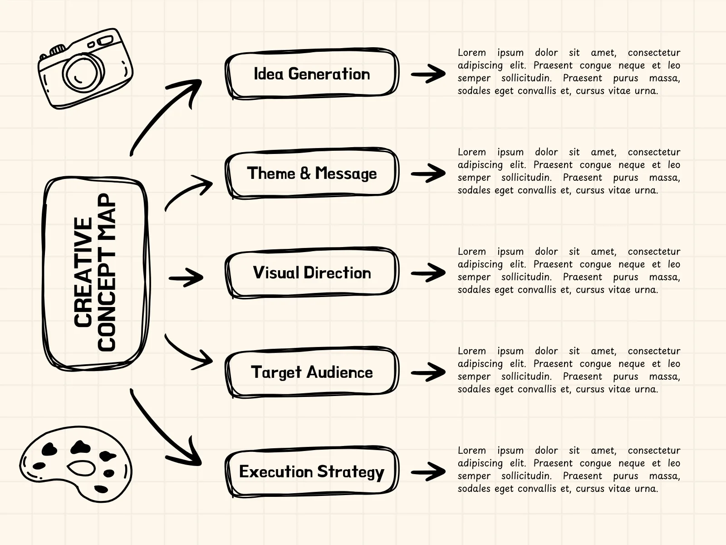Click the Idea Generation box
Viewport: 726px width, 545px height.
coord(312,74)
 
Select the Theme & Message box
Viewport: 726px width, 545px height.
coord(312,173)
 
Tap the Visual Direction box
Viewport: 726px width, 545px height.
coord(312,272)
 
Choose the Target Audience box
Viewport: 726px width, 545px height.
coord(312,372)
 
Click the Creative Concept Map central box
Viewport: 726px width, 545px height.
coord(95,272)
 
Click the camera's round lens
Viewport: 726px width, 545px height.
coord(83,73)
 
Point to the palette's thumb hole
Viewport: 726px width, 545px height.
coord(82,468)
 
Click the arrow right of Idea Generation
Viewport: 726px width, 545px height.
coord(428,74)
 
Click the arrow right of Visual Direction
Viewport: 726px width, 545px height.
coord(428,272)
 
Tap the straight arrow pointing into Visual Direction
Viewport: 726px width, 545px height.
coord(186,277)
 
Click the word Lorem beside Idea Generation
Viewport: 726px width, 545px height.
coord(471,53)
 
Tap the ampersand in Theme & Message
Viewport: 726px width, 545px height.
coord(305,173)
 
